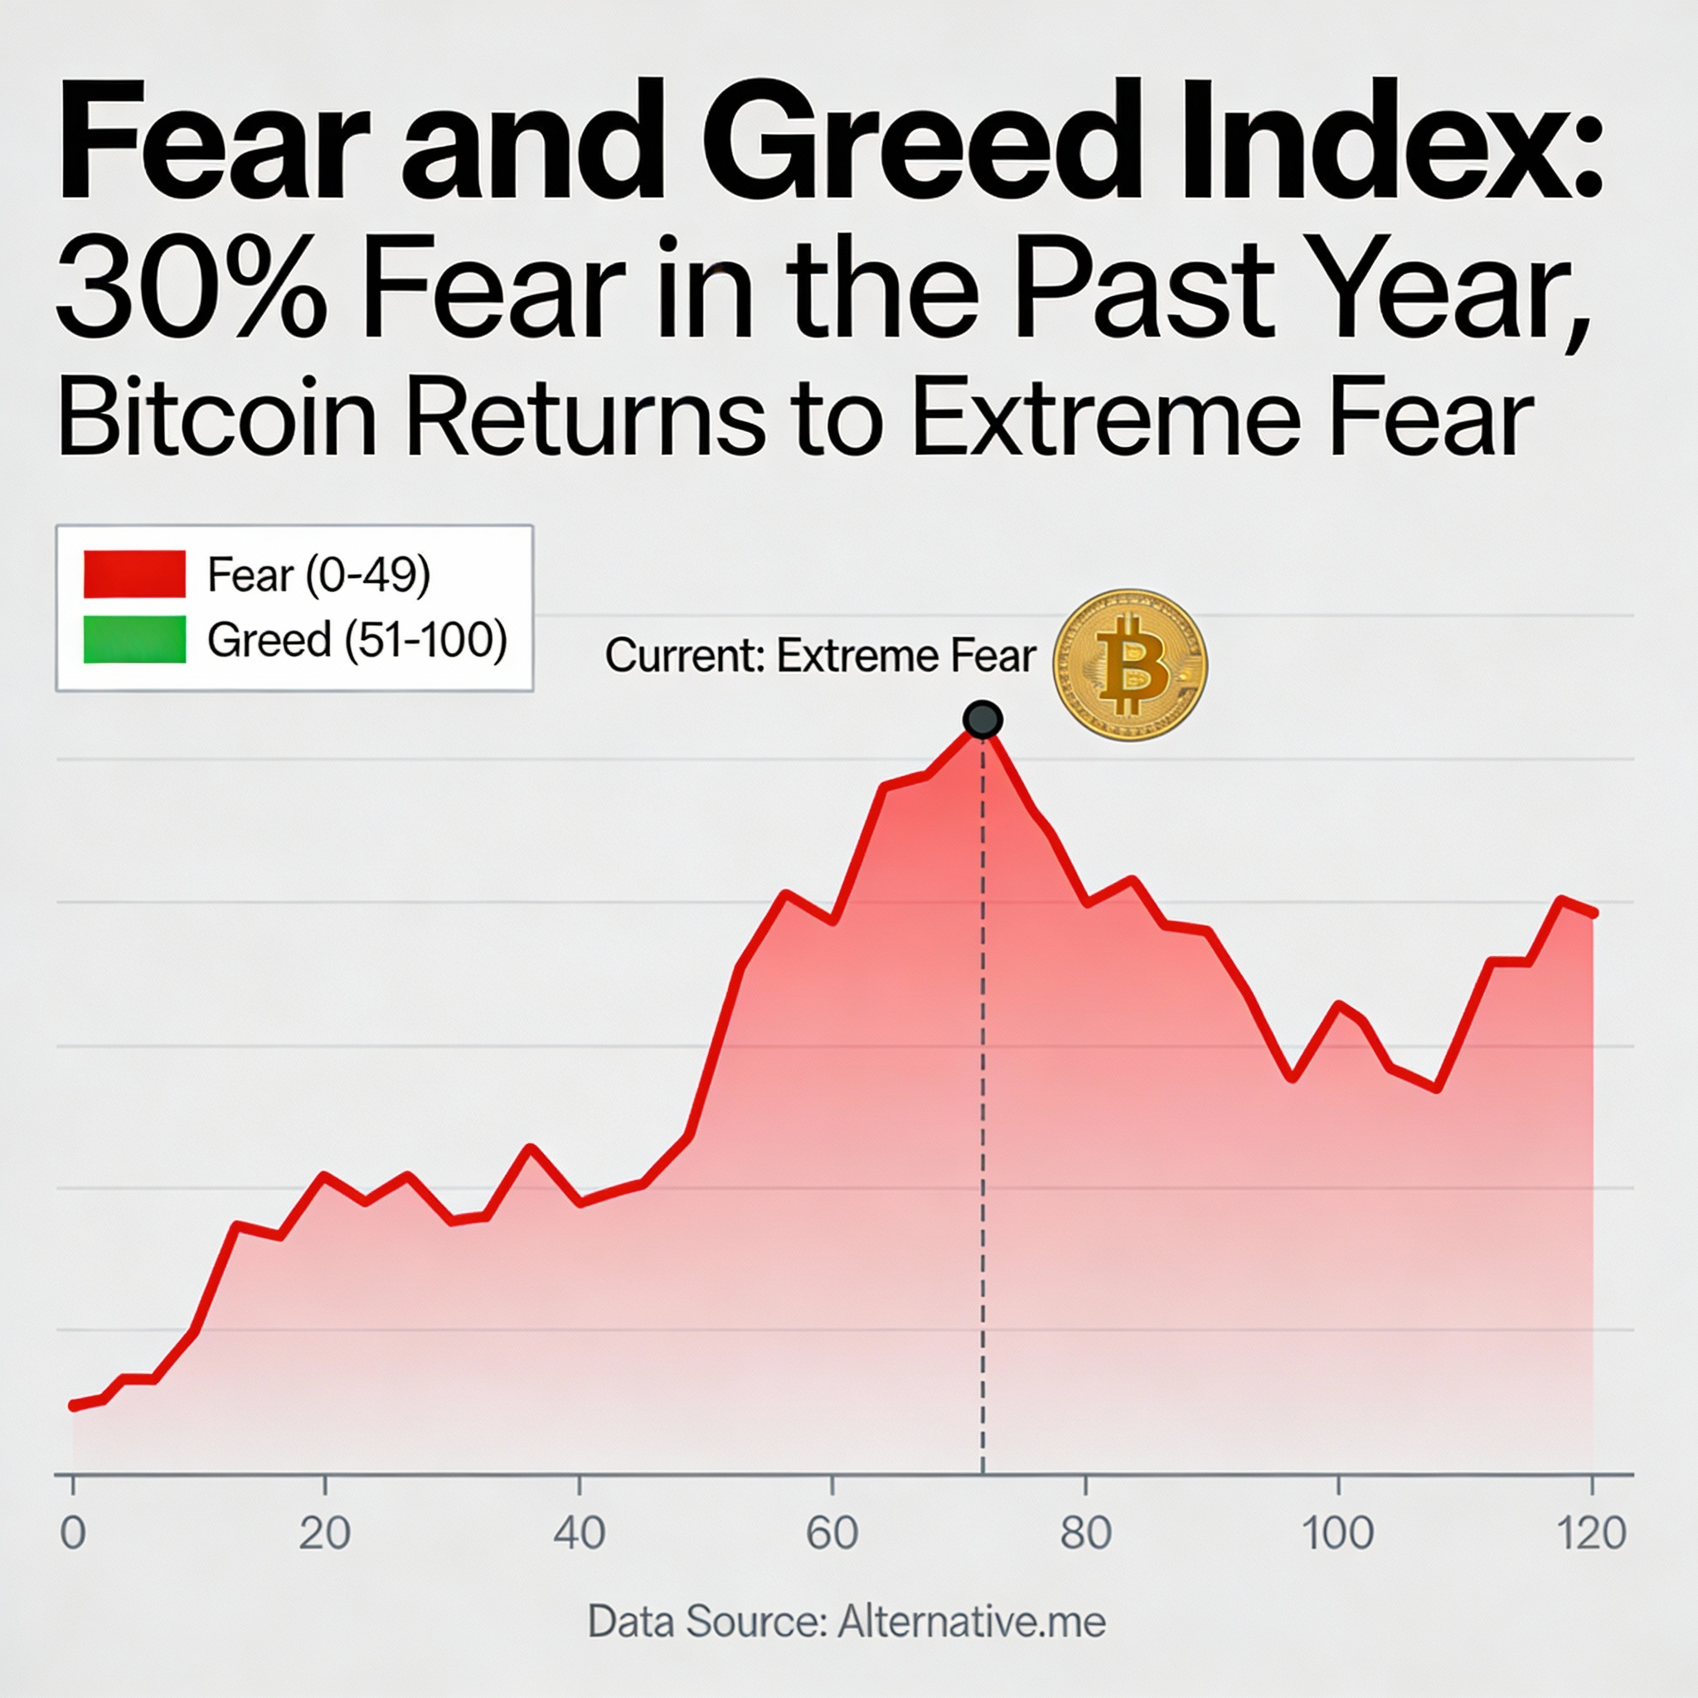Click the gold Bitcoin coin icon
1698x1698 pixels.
pos(1129,664)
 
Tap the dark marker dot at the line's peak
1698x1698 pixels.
pos(982,720)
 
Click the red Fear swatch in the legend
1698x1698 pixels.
pos(134,574)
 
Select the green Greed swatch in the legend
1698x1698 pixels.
pos(134,639)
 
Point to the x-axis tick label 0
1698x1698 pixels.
pos(73,1532)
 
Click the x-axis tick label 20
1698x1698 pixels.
pos(324,1532)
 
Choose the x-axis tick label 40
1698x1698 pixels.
pos(580,1532)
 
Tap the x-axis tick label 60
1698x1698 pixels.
pos(832,1532)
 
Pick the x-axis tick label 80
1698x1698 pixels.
pos(1085,1532)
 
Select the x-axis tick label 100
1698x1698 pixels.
pos(1337,1532)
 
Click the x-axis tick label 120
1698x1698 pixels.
pos(1591,1532)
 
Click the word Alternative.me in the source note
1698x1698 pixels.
pos(971,1622)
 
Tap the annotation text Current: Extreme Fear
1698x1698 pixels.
pos(820,656)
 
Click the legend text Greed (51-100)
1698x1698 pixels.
pos(357,639)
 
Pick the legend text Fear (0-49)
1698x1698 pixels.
pos(319,575)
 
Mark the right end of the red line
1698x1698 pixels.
pos(1593,913)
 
